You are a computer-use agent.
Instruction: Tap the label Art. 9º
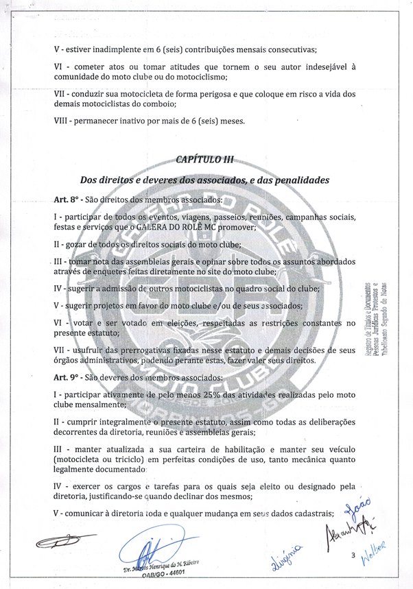point(67,377)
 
